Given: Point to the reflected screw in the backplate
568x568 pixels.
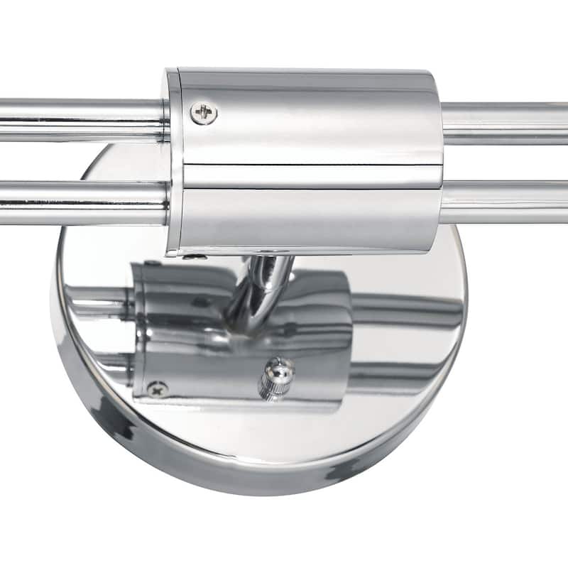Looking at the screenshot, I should click(157, 388).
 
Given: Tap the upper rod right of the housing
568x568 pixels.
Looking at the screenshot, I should click(504, 122).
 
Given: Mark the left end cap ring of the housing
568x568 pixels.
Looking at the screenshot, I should click(171, 160).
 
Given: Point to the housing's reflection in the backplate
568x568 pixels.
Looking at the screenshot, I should click(213, 334).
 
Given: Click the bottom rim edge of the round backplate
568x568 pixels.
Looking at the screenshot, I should click(263, 483).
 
